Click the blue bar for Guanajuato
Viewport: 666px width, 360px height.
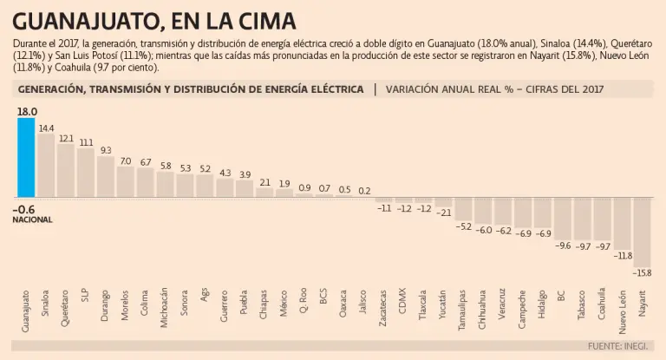click(x=26, y=157)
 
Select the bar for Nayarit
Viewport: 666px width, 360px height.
click(x=642, y=232)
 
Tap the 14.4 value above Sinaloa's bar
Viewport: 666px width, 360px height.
click(x=46, y=128)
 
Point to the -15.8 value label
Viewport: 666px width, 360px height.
click(x=643, y=273)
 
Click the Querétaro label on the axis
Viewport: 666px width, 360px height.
click(x=66, y=306)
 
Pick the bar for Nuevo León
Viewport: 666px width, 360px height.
click(x=622, y=223)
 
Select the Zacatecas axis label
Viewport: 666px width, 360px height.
click(x=383, y=306)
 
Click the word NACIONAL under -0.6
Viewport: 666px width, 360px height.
click(x=33, y=220)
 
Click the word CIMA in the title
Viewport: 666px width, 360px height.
click(x=264, y=20)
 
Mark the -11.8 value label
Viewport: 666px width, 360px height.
click(x=623, y=256)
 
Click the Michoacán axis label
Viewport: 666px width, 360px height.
click(x=165, y=306)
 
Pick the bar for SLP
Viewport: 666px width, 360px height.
click(x=86, y=173)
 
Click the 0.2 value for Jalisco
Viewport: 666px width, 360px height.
click(x=364, y=191)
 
